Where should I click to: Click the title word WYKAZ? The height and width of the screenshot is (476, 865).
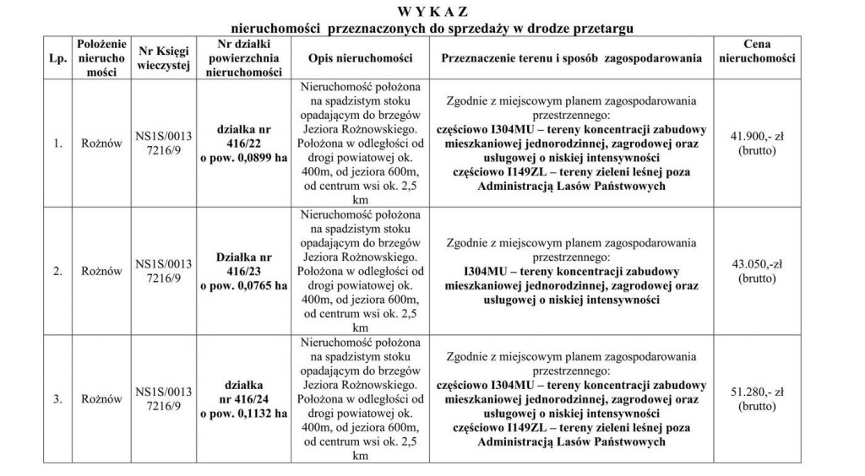pyautogui.click(x=432, y=11)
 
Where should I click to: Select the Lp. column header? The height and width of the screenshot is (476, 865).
pyautogui.click(x=58, y=58)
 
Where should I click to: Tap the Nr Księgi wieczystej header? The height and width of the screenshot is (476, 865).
pyautogui.click(x=163, y=58)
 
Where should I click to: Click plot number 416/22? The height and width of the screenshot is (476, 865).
pyautogui.click(x=243, y=143)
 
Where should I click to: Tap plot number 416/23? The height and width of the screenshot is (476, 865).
pyautogui.click(x=243, y=272)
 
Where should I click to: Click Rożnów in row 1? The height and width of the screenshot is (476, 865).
pyautogui.click(x=101, y=143)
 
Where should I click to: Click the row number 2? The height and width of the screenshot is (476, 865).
pyautogui.click(x=58, y=272)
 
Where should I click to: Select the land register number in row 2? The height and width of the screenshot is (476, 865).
pyautogui.click(x=163, y=272)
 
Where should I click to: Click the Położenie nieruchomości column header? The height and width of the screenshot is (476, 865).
pyautogui.click(x=101, y=58)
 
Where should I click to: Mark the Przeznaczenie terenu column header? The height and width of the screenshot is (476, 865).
pyautogui.click(x=571, y=58)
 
